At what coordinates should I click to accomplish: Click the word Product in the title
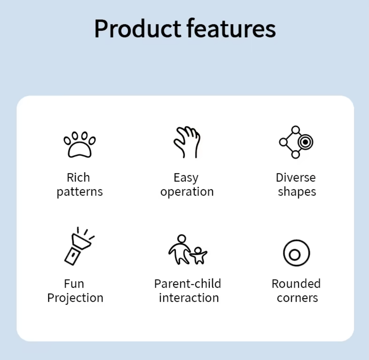pyautogui.click(x=138, y=28)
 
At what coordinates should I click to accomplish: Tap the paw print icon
pyautogui.click(x=79, y=144)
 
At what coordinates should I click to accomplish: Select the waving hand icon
pyautogui.click(x=187, y=142)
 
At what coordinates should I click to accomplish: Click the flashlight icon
pyautogui.click(x=79, y=246)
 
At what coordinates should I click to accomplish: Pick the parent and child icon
pyautogui.click(x=188, y=249)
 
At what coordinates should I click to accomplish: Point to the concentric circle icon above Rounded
pyautogui.click(x=296, y=253)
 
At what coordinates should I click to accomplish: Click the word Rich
pyautogui.click(x=78, y=178)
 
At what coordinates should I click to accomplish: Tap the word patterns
pyautogui.click(x=80, y=192)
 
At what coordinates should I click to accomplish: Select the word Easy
pyautogui.click(x=186, y=178)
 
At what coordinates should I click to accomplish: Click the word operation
pyautogui.click(x=187, y=192)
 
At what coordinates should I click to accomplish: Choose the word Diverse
pyautogui.click(x=296, y=178)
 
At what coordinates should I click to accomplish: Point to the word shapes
pyautogui.click(x=297, y=192)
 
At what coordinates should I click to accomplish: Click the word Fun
pyautogui.click(x=74, y=284)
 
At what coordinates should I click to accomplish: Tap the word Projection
pyautogui.click(x=75, y=298)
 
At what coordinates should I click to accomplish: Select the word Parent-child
pyautogui.click(x=188, y=284)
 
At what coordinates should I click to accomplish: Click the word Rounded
pyautogui.click(x=296, y=284)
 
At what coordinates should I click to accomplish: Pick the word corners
pyautogui.click(x=297, y=298)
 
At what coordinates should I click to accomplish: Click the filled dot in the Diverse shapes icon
pyautogui.click(x=305, y=142)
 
